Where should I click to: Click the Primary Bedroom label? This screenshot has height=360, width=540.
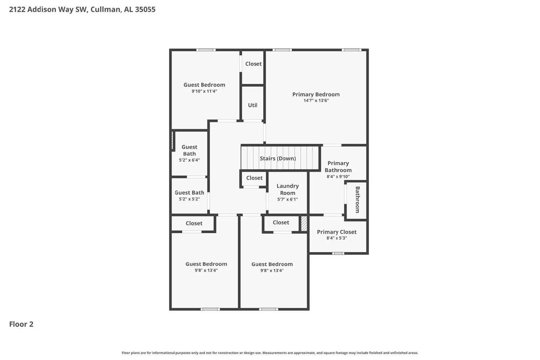(x=316, y=94)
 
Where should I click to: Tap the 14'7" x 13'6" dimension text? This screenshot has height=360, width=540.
(x=316, y=101)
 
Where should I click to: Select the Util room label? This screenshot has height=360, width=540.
(x=252, y=105)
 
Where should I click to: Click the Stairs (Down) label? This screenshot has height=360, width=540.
(x=277, y=159)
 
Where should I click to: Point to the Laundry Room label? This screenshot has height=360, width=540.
(x=288, y=189)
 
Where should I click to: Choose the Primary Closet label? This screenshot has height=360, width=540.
(x=336, y=232)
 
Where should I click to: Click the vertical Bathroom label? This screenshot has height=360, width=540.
(x=357, y=199)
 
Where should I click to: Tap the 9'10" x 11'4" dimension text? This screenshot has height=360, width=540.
(x=204, y=91)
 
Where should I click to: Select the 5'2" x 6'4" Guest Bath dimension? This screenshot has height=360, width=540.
(x=189, y=160)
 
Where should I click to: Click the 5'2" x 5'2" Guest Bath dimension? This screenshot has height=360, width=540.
(x=189, y=199)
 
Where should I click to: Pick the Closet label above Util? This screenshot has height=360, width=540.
(x=253, y=64)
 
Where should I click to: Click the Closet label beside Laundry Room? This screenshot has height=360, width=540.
(x=254, y=178)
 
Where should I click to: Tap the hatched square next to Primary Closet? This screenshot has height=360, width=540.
(x=304, y=224)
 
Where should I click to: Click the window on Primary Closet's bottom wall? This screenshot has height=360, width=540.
(x=338, y=253)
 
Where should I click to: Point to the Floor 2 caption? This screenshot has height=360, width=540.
(x=21, y=324)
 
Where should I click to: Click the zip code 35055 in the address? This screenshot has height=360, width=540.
(x=145, y=9)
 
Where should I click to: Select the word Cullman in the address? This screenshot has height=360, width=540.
(x=105, y=9)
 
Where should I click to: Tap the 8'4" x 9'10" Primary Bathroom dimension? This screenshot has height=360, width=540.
(x=338, y=176)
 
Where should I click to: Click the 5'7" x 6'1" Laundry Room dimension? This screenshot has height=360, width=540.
(x=288, y=199)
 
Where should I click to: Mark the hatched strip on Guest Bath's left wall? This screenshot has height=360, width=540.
(x=172, y=141)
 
